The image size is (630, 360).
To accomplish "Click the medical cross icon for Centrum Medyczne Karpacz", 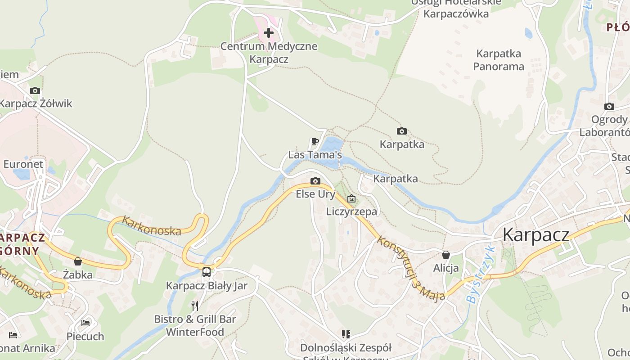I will [269, 33].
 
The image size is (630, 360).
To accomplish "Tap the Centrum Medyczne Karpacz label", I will [269, 53].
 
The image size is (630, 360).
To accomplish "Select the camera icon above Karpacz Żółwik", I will [35, 90].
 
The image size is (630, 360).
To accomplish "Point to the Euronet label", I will [23, 164].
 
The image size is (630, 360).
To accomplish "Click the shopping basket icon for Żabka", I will [78, 261].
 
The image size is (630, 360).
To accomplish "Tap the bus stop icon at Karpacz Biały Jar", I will [207, 272].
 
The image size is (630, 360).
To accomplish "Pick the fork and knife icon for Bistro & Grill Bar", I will [195, 306].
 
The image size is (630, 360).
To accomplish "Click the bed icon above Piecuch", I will [85, 323].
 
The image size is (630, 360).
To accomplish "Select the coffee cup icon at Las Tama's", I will [315, 142].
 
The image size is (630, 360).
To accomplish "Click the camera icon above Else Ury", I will [315, 181].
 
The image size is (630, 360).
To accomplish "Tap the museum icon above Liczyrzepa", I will [351, 198].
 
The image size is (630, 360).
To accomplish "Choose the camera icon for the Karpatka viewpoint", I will [402, 131].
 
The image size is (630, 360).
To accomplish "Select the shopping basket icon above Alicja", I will [446, 255].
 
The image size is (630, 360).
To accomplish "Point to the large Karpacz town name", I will [535, 234].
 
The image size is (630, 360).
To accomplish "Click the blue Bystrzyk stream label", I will [481, 274].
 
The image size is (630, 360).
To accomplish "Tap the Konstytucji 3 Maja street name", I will [410, 268].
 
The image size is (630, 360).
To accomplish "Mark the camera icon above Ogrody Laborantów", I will [609, 107].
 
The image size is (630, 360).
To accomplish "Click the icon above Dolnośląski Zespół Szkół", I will [346, 334].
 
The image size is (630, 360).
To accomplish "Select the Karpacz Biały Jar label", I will [207, 286].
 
